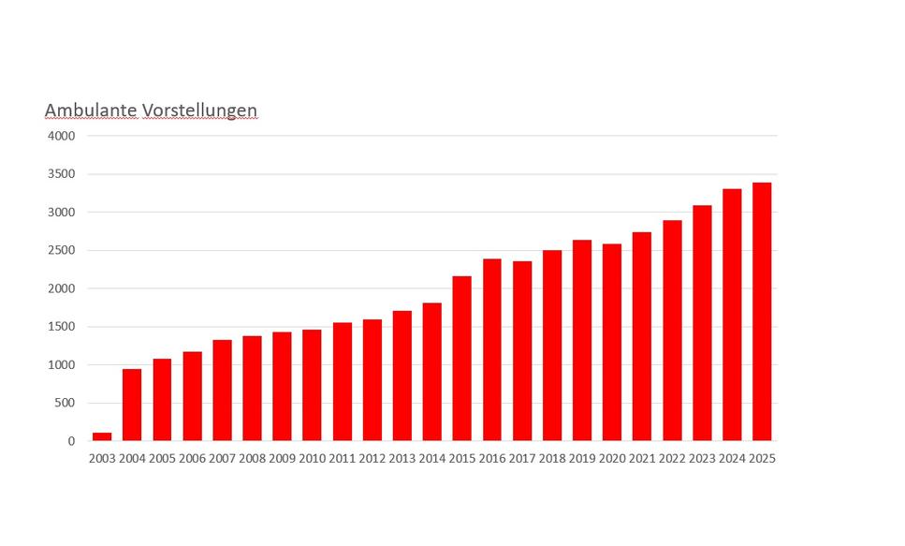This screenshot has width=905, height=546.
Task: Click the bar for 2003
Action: (x=102, y=436)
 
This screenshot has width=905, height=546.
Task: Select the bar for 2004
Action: (x=132, y=405)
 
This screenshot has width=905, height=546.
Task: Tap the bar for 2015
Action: (x=462, y=359)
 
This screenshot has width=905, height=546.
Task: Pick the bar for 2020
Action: (x=612, y=343)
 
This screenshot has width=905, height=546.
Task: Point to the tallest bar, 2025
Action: (x=762, y=312)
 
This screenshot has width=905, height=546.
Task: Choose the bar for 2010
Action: (x=312, y=385)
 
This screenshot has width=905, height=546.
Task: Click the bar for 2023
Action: (x=702, y=323)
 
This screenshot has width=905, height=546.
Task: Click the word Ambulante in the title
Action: (x=91, y=111)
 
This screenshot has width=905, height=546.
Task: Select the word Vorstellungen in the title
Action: (x=200, y=111)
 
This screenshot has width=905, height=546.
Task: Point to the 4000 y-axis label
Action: (x=61, y=136)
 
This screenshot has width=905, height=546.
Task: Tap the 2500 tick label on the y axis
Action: (x=61, y=250)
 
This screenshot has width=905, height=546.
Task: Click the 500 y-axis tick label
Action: (x=65, y=403)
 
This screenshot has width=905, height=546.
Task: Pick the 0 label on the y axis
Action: (x=72, y=441)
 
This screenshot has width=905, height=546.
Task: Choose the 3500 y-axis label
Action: (x=61, y=174)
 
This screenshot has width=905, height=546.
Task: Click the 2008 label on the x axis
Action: (x=252, y=459)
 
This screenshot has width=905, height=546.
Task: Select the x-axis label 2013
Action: (x=401, y=459)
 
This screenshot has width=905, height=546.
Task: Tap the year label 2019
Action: (x=582, y=459)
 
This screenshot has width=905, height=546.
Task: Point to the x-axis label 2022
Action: (x=672, y=459)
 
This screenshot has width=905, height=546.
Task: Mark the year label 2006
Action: (x=192, y=459)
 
